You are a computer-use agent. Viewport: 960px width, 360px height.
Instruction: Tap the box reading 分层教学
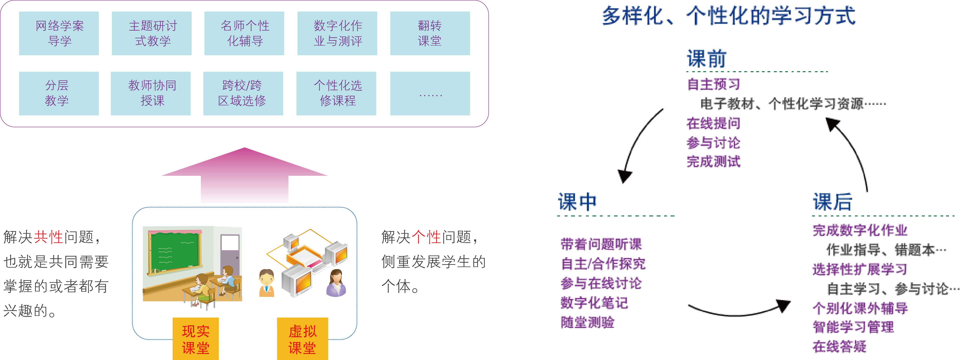point(59,93)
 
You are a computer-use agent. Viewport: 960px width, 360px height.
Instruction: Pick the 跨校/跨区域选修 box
point(243,93)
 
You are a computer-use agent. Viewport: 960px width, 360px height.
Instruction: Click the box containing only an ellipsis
point(430,93)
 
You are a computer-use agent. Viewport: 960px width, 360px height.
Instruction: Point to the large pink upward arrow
point(245,175)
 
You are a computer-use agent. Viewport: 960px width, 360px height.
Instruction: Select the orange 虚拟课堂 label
point(302,339)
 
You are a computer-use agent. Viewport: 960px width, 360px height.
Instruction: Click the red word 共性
point(48,237)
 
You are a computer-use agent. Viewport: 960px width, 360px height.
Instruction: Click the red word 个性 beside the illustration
point(426,237)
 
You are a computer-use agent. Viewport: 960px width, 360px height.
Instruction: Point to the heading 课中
point(577,202)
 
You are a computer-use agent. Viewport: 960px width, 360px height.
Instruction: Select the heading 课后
point(832,202)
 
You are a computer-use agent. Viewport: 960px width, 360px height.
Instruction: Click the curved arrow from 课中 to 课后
point(738,311)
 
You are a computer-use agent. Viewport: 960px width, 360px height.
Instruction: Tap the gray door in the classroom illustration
point(229,257)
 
